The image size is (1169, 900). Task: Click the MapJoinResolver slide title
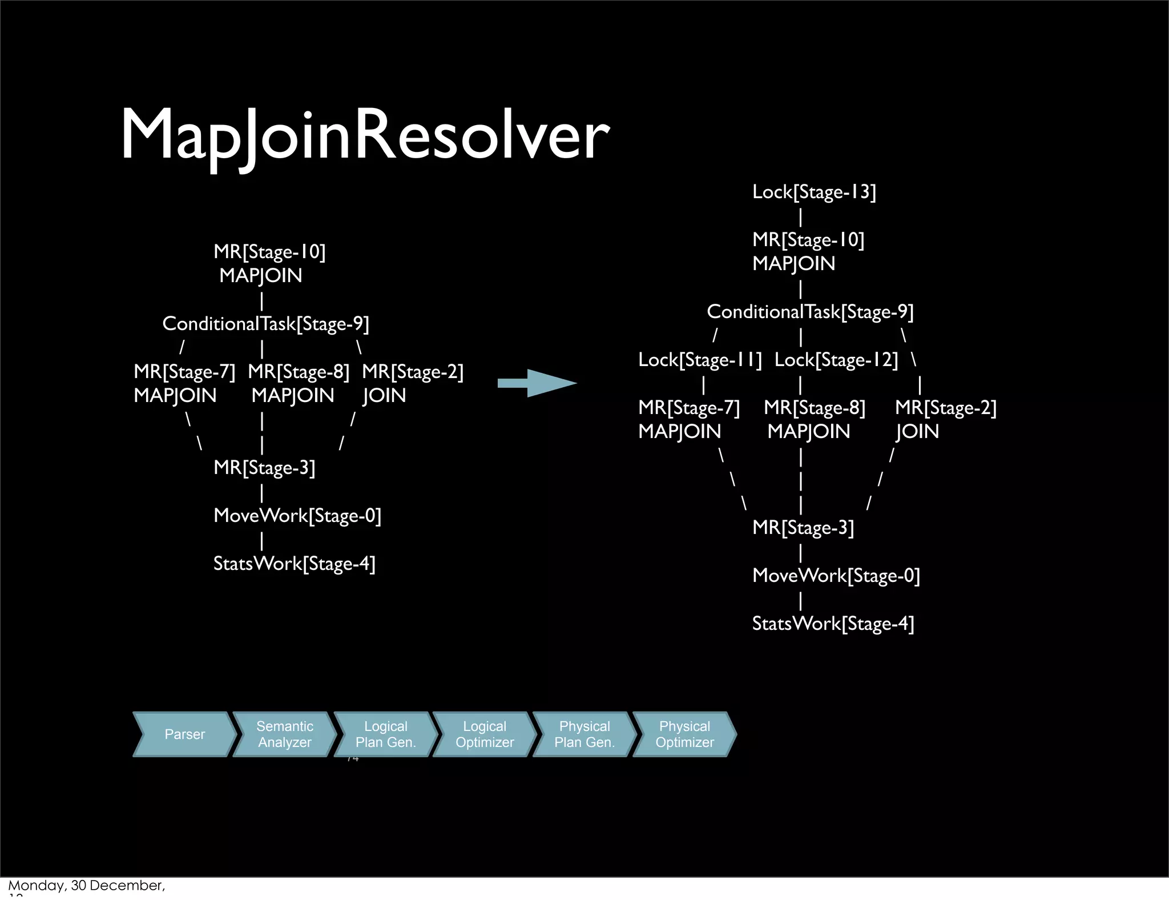click(x=365, y=135)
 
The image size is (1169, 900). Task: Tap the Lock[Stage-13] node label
click(x=814, y=192)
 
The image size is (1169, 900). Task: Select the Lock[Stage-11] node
click(x=700, y=360)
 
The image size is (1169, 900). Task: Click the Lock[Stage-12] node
click(x=836, y=360)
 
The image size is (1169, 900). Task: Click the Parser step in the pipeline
click(x=184, y=734)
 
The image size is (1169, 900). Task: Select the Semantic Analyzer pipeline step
click(x=284, y=734)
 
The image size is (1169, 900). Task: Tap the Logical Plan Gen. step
click(x=385, y=734)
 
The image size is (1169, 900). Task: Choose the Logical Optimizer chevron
click(x=485, y=734)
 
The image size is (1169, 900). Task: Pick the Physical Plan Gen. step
click(x=584, y=734)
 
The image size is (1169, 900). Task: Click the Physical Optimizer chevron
click(x=684, y=734)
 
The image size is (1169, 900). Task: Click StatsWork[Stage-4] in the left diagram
click(x=295, y=564)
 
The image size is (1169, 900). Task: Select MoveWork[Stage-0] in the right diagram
click(x=836, y=576)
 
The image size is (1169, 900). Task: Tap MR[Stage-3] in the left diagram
click(x=264, y=468)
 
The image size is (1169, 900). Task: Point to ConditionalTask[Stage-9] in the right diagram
click(x=810, y=312)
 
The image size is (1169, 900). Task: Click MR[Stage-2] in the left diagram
click(x=413, y=372)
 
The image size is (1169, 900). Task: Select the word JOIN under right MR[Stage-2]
click(x=917, y=432)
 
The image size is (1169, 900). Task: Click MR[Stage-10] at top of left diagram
click(x=269, y=252)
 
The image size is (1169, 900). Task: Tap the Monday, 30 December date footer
click(x=86, y=886)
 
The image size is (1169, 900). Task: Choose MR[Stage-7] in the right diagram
click(x=688, y=408)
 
